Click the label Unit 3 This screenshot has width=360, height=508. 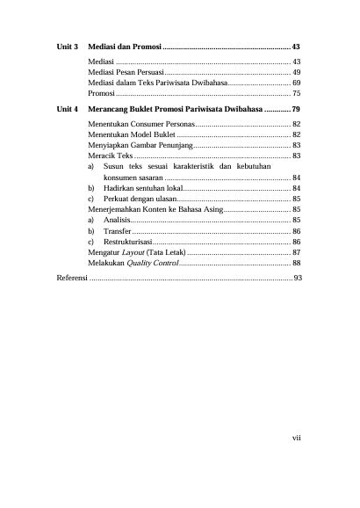[x=68, y=45]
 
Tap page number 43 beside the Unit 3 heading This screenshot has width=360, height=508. [x=297, y=45]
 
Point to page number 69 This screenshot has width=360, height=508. [x=297, y=82]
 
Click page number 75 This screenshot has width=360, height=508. [x=297, y=92]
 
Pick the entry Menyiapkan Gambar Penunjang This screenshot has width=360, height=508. [x=140, y=145]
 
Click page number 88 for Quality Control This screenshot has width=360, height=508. [x=297, y=263]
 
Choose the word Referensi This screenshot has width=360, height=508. [x=72, y=278]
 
